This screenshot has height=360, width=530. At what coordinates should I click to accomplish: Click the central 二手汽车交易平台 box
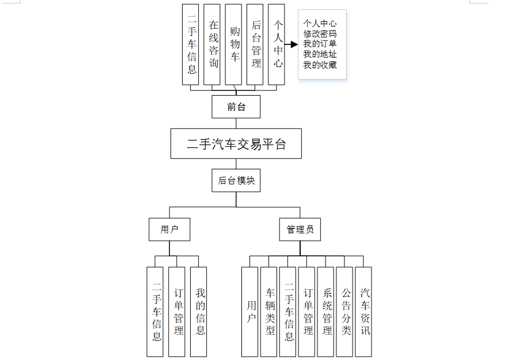[x=236, y=143]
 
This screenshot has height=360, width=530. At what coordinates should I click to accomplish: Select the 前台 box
[x=236, y=107]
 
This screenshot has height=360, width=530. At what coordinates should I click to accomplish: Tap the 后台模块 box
[x=236, y=181]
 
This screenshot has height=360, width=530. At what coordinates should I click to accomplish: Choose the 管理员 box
[x=300, y=229]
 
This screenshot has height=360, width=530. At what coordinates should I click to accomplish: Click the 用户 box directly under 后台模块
[x=169, y=229]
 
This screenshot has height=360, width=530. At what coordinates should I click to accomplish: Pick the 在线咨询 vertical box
[x=214, y=44]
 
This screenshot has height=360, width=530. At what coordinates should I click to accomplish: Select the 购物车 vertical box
[x=235, y=44]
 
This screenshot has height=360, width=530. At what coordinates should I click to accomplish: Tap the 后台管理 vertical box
[x=256, y=44]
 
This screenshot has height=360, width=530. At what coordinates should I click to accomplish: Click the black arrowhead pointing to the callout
[x=294, y=44]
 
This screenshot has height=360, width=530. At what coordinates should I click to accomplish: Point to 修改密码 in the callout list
[x=320, y=34]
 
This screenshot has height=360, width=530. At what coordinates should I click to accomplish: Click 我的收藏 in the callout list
[x=320, y=65]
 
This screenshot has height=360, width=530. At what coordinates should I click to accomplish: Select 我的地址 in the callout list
[x=320, y=55]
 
